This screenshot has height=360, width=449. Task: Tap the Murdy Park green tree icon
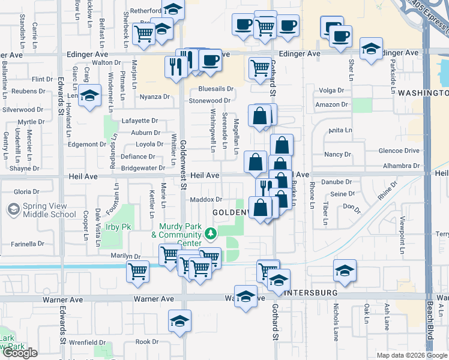point(210,233)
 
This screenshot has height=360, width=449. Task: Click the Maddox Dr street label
point(206,199)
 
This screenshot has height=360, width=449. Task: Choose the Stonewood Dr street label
point(210,101)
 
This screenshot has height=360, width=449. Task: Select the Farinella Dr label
point(28,244)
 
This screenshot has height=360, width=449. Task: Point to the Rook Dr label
point(146,342)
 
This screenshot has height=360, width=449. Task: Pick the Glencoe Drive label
point(402,151)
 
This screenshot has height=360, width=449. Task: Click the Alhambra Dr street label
point(402,166)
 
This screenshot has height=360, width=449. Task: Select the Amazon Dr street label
point(332,104)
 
